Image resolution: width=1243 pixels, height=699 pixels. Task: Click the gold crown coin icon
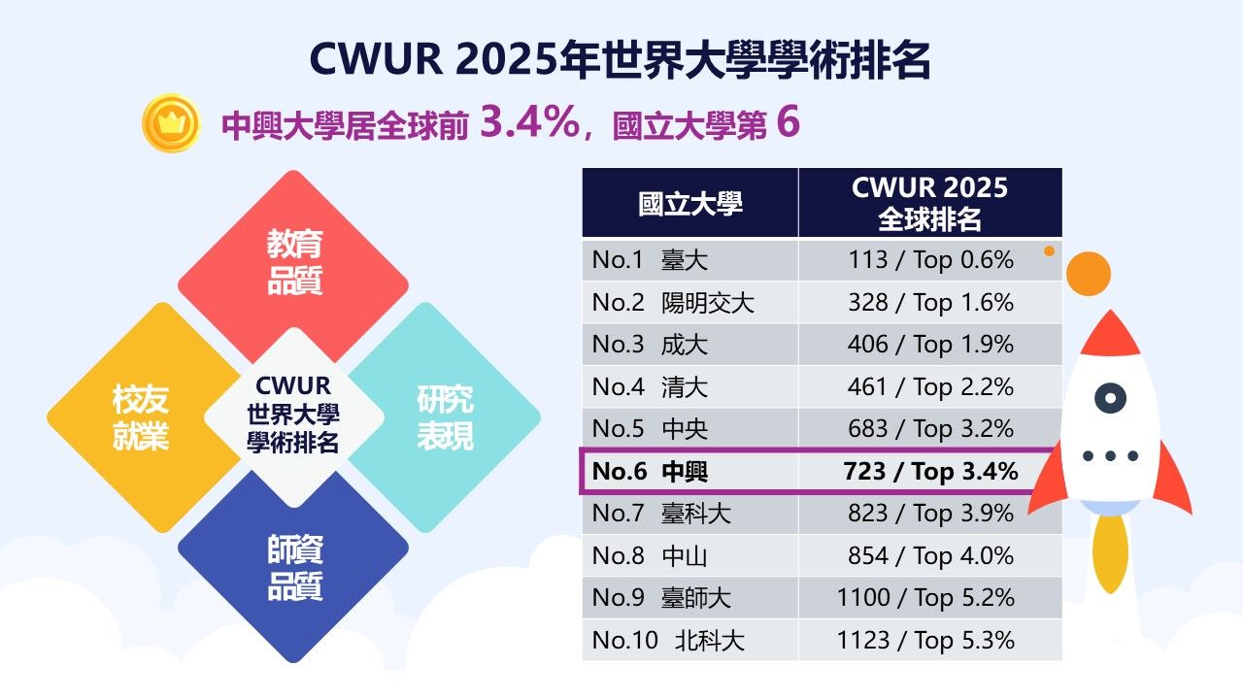point(171,122)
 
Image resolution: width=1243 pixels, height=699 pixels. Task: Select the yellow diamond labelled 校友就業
point(141,417)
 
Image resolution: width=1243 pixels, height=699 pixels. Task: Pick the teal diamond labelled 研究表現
point(446,417)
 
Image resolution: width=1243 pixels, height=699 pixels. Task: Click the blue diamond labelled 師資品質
point(293,569)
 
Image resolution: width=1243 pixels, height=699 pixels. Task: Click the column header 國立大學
point(689,203)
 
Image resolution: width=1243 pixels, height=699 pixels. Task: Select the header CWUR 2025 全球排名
point(929,203)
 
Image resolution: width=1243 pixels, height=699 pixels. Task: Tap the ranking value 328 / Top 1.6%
point(929,303)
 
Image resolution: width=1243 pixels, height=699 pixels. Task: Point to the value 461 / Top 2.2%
point(929,387)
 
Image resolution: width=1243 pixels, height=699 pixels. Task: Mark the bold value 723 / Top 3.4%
point(929,472)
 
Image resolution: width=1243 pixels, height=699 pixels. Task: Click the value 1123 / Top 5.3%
point(925,640)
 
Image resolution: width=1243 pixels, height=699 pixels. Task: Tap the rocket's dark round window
point(1110,397)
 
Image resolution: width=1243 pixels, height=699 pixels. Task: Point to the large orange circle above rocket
point(1088,273)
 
